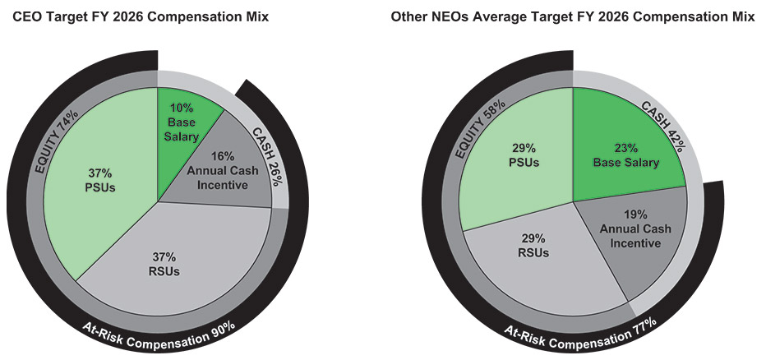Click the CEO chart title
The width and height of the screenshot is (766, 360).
[141, 17]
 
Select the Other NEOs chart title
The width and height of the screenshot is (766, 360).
[573, 17]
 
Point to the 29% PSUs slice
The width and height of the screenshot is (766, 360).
[523, 156]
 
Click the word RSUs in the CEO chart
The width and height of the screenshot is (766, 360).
[164, 271]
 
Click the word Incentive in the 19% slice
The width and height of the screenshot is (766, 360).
[635, 242]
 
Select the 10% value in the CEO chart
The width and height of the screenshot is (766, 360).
[180, 108]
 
